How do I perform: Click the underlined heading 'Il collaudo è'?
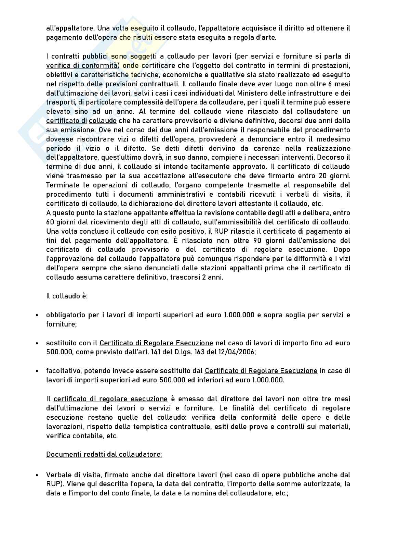click(x=66, y=296)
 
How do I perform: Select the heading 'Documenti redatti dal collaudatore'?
click(x=104, y=454)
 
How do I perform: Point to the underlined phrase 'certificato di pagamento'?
click(x=303, y=231)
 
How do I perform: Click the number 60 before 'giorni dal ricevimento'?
click(x=50, y=222)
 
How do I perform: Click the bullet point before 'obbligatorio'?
click(x=36, y=315)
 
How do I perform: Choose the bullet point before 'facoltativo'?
click(x=36, y=371)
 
